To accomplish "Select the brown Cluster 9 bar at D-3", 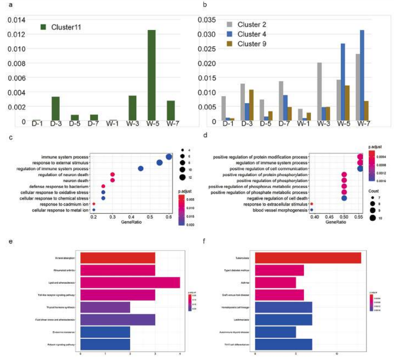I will [251, 105].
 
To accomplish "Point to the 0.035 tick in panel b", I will [208, 20].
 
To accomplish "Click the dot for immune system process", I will [169, 157].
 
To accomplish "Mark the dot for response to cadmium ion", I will [94, 204].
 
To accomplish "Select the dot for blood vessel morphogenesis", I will [311, 210].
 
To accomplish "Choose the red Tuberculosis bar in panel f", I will [308, 258].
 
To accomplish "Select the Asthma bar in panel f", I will [275, 283].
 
